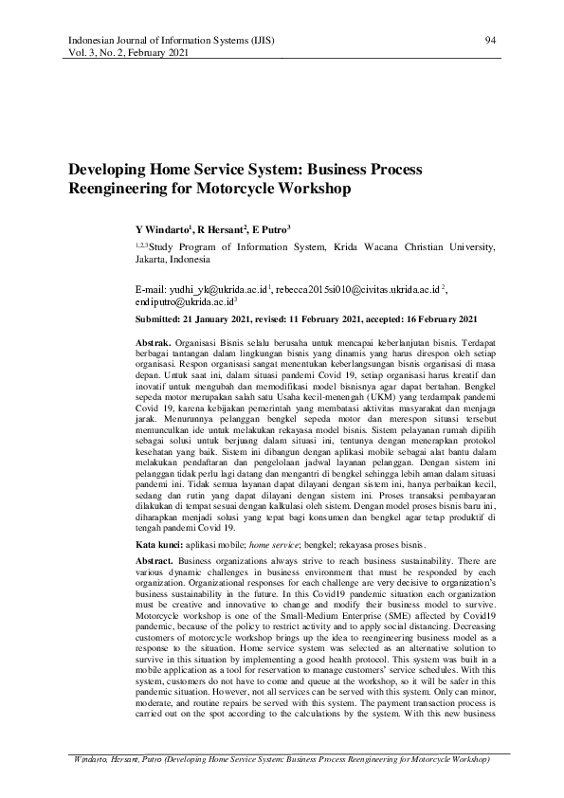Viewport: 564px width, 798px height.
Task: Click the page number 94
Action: (490, 41)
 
